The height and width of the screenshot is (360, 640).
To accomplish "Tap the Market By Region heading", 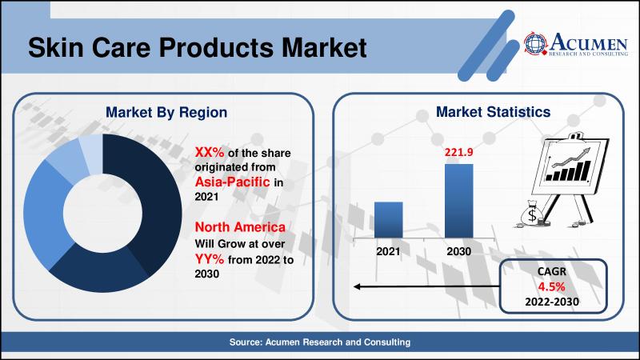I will [x=166, y=113].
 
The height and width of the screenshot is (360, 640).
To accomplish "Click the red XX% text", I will [x=211, y=151].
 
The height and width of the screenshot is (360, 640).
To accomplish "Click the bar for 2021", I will [x=388, y=219].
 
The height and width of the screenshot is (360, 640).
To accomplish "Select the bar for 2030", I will [x=458, y=200].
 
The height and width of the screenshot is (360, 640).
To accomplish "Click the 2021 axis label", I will [x=388, y=250].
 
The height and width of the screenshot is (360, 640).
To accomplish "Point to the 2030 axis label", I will [x=458, y=250].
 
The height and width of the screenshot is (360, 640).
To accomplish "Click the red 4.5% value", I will [x=546, y=287].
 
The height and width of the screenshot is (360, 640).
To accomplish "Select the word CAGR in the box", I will [x=546, y=273].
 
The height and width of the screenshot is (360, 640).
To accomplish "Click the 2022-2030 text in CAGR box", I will [x=546, y=302].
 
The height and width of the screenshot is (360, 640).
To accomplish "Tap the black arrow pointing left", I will [x=424, y=286].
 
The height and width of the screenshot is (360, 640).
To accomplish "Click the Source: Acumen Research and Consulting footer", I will [x=320, y=342].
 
